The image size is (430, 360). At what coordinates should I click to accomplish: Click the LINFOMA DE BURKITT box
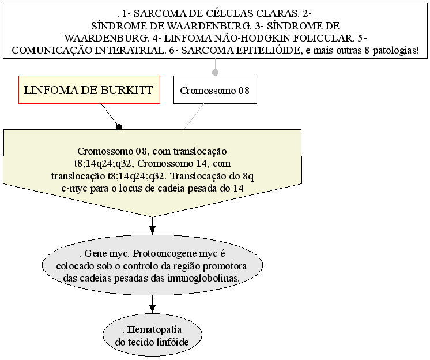pyautogui.click(x=89, y=90)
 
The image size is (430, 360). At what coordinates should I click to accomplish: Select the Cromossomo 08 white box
pyautogui.click(x=215, y=90)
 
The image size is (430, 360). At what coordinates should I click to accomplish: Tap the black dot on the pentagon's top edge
pyautogui.click(x=119, y=127)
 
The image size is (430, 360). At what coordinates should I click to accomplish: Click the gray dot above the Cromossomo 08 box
pyautogui.click(x=215, y=72)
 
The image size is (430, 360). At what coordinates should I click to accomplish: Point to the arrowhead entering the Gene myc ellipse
pyautogui.click(x=152, y=230)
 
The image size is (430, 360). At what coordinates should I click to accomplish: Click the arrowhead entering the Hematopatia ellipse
pyautogui.click(x=152, y=309)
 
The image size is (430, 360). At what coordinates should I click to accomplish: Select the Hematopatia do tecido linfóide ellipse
pyautogui.click(x=152, y=335)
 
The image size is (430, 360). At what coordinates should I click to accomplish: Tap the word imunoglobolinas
pyautogui.click(x=203, y=278)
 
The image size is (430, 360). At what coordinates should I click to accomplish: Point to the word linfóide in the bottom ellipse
pyautogui.click(x=172, y=342)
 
